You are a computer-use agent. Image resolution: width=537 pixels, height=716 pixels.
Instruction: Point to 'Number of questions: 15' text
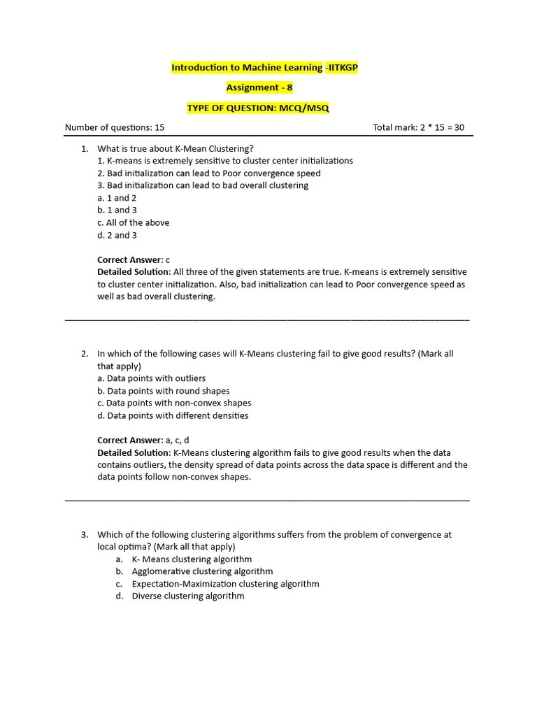click(x=115, y=128)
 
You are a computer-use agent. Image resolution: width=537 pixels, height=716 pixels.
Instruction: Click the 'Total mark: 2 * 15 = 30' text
click(x=419, y=128)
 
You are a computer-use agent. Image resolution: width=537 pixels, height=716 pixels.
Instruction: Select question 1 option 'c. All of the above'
click(x=134, y=222)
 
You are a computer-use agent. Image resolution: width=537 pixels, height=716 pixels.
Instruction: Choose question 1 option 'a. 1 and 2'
click(x=117, y=198)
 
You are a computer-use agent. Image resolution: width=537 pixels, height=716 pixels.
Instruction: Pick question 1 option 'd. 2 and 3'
click(x=117, y=235)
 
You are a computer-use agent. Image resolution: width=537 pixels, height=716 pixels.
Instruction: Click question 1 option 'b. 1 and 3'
click(x=117, y=210)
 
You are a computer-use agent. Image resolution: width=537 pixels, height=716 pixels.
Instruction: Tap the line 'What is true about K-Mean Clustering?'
click(x=176, y=148)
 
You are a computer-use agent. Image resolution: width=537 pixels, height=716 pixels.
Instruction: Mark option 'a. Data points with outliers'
click(x=152, y=378)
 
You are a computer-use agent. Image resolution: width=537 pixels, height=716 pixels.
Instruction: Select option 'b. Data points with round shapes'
click(x=164, y=391)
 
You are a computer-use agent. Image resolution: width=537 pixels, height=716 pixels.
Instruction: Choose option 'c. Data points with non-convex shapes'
click(x=174, y=403)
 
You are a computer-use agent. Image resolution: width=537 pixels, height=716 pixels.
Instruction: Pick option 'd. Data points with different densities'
click(x=173, y=415)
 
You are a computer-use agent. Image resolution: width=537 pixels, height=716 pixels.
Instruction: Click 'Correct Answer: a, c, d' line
click(x=143, y=440)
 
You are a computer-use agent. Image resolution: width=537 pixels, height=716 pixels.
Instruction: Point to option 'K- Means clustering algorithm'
click(x=192, y=559)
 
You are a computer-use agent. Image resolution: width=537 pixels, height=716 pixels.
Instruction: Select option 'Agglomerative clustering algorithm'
click(x=202, y=571)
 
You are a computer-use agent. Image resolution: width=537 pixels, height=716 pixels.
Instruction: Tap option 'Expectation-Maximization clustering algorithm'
click(x=225, y=584)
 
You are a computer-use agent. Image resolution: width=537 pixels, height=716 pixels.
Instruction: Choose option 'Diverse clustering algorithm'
click(x=188, y=596)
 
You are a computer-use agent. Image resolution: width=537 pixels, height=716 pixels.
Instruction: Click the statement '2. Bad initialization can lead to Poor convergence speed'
click(x=209, y=173)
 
